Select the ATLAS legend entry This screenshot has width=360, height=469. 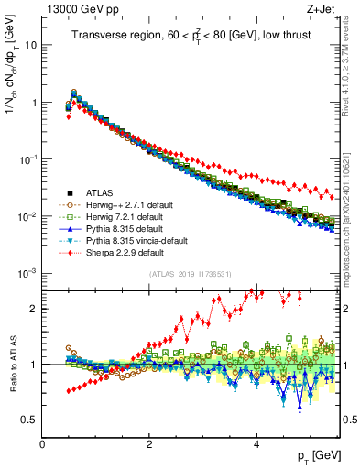tap(101, 192)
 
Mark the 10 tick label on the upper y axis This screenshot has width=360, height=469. tap(30, 45)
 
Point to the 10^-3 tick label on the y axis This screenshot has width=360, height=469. tap(27, 273)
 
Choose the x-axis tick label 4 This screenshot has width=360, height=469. tap(256, 442)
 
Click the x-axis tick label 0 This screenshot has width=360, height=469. tap(42, 442)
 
